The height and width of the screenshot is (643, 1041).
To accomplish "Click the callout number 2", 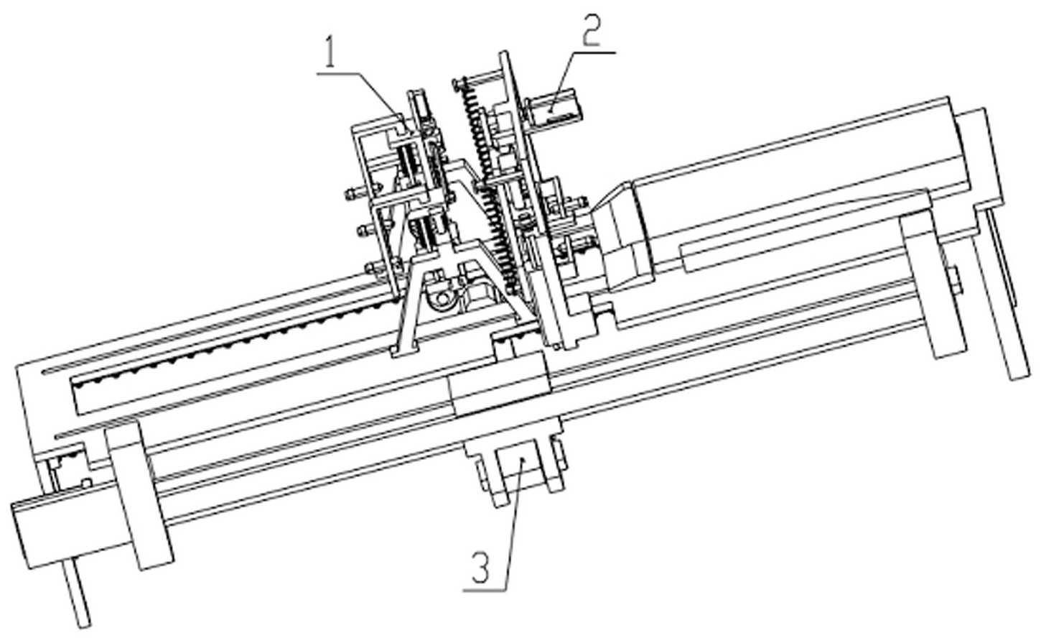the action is tap(591, 31).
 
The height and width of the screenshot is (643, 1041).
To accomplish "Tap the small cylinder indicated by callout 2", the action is tap(556, 109).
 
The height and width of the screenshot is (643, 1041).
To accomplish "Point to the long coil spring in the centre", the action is tap(488, 186).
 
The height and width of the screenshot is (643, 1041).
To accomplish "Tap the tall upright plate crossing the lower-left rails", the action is tap(139, 494).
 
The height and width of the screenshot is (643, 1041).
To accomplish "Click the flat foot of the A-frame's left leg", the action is tap(403, 349).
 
